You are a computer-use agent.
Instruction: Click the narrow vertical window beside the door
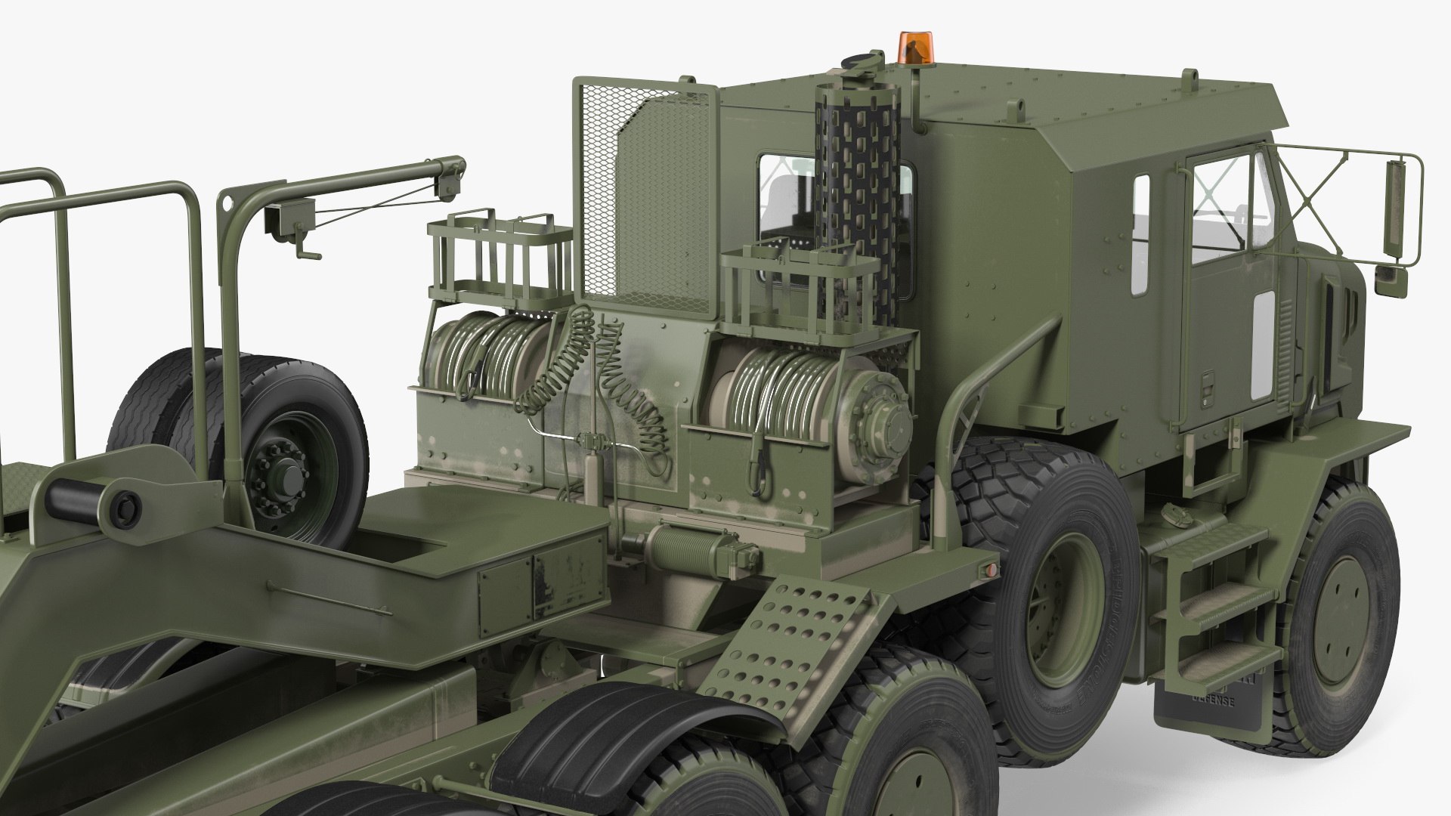[x=1141, y=234]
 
